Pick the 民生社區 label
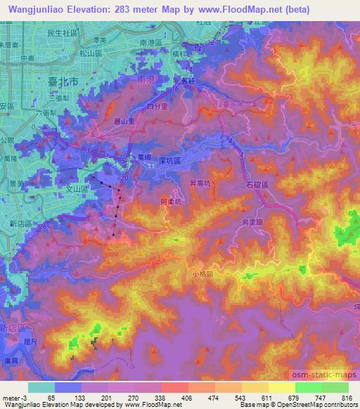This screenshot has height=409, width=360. [x=61, y=32]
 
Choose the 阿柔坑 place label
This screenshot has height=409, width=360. [x=172, y=201]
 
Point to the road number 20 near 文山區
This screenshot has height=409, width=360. [x=124, y=178]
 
